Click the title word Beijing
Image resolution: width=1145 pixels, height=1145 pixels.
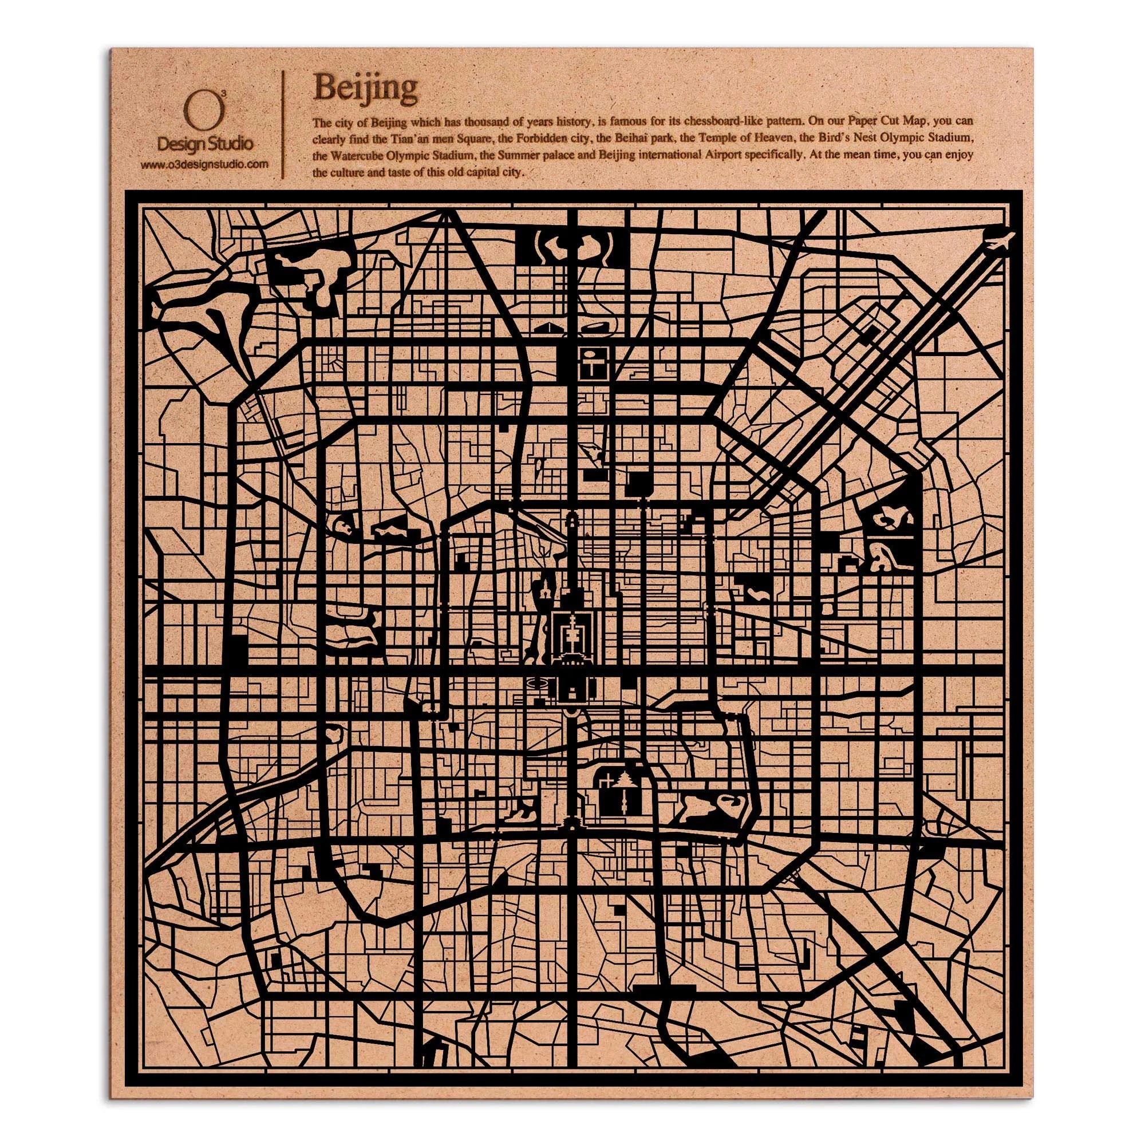pos(366,88)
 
